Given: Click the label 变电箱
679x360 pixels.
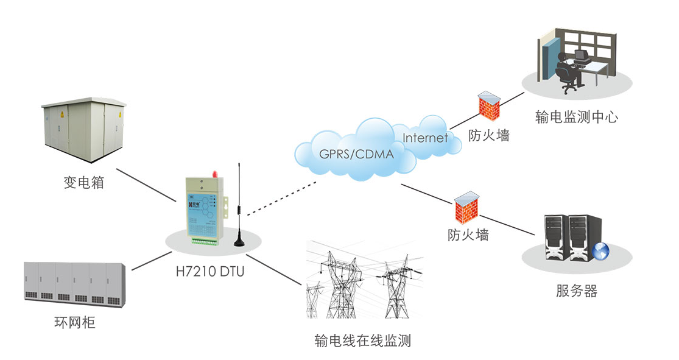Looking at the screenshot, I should [x=83, y=182].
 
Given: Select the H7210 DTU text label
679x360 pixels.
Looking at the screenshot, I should [x=209, y=272].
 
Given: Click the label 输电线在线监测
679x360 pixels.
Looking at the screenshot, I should [x=362, y=341].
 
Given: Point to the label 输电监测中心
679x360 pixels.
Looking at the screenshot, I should [x=576, y=117].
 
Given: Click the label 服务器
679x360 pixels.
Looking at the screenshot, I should [x=576, y=291].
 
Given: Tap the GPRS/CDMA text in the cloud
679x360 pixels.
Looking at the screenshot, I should [x=356, y=154].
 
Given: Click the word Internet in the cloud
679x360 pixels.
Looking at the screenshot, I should [x=425, y=138].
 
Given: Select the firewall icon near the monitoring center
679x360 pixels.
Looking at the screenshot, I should [x=489, y=105].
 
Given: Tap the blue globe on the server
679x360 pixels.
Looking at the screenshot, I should [x=600, y=250].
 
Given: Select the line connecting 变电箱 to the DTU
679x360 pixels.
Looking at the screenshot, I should [x=146, y=186].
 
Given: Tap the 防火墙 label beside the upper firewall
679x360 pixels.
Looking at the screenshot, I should [x=488, y=135].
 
